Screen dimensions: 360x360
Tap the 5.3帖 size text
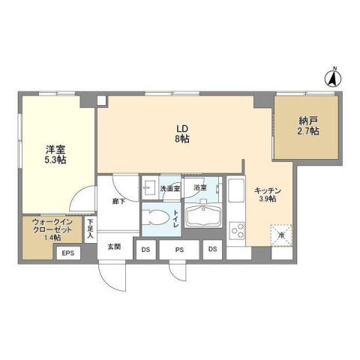[54, 160]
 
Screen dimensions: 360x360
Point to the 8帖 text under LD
[181, 139]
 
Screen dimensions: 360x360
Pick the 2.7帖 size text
[307, 131]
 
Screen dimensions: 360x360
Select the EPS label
[67, 253]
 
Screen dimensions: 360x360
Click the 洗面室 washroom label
[170, 188]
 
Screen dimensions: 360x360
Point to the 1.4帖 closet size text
[52, 238]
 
